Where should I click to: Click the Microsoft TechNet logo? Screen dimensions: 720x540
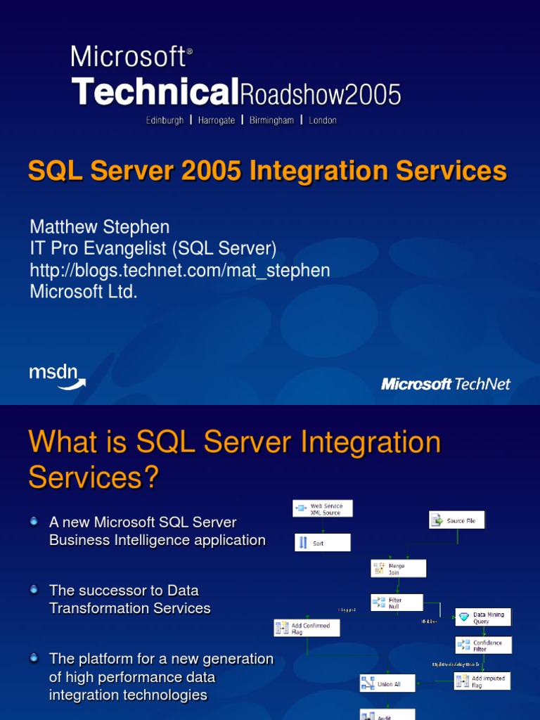point(445,384)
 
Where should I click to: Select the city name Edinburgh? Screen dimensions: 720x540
point(165,120)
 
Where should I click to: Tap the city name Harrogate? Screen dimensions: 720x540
point(217,120)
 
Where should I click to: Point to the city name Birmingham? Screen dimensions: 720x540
point(271,120)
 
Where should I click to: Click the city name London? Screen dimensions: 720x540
point(323,120)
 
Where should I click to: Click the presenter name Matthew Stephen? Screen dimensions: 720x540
point(99,227)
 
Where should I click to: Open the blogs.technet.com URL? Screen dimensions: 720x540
point(179,270)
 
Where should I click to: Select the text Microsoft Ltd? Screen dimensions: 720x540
point(83,292)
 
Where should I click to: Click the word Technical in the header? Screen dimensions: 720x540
point(151,92)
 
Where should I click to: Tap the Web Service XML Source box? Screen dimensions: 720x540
point(323,508)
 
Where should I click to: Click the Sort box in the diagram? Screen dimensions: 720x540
point(323,542)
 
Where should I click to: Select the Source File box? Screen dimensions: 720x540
point(457,520)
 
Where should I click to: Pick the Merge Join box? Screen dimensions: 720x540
point(398,568)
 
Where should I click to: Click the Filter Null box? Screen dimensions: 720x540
point(397,603)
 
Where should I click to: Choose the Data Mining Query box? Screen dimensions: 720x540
point(483,617)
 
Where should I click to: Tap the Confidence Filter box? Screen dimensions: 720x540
point(483,645)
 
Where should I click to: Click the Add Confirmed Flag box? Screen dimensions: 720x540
point(307,628)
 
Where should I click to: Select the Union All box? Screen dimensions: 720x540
point(387,683)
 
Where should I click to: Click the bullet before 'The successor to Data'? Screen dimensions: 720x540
point(34,589)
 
